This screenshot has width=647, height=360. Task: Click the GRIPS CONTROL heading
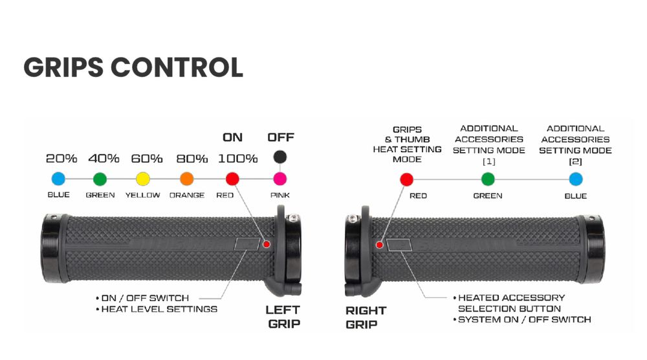[x=133, y=67]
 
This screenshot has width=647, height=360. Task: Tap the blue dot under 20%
[x=58, y=179]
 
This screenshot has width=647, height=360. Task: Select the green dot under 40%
[x=100, y=179]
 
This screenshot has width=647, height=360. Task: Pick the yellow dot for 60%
[x=143, y=179]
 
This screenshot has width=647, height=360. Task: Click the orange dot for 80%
[x=187, y=179]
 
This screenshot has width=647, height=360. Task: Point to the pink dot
[x=280, y=179]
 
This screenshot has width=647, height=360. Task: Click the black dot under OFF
[x=280, y=157]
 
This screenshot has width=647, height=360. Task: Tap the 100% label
[x=237, y=159]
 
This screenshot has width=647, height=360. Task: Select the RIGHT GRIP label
[x=366, y=317]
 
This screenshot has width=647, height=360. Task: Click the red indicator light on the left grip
[x=267, y=244]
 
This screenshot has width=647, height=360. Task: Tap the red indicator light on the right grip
[x=380, y=245]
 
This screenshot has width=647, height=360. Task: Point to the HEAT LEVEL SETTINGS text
[x=159, y=309]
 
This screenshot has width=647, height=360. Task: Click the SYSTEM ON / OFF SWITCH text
[x=524, y=319]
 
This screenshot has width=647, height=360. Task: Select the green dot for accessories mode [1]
[x=488, y=179]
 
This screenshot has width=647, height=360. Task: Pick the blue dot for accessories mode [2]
[x=575, y=179]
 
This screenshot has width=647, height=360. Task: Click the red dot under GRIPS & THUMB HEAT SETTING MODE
[x=407, y=179]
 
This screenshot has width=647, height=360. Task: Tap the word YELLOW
[x=143, y=195]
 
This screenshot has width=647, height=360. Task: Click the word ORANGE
[x=187, y=195]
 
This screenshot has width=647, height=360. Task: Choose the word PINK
[x=280, y=195]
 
